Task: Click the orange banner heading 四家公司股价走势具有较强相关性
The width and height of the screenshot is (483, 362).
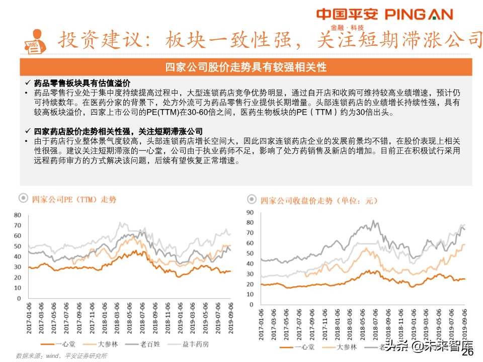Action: click(x=246, y=67)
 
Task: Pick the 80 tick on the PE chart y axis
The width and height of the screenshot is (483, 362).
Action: click(x=17, y=215)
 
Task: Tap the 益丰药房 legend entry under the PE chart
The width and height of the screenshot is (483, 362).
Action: click(x=195, y=344)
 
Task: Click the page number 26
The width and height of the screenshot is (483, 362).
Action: click(x=467, y=353)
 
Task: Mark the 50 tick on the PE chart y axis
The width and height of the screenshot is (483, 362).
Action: click(x=17, y=246)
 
